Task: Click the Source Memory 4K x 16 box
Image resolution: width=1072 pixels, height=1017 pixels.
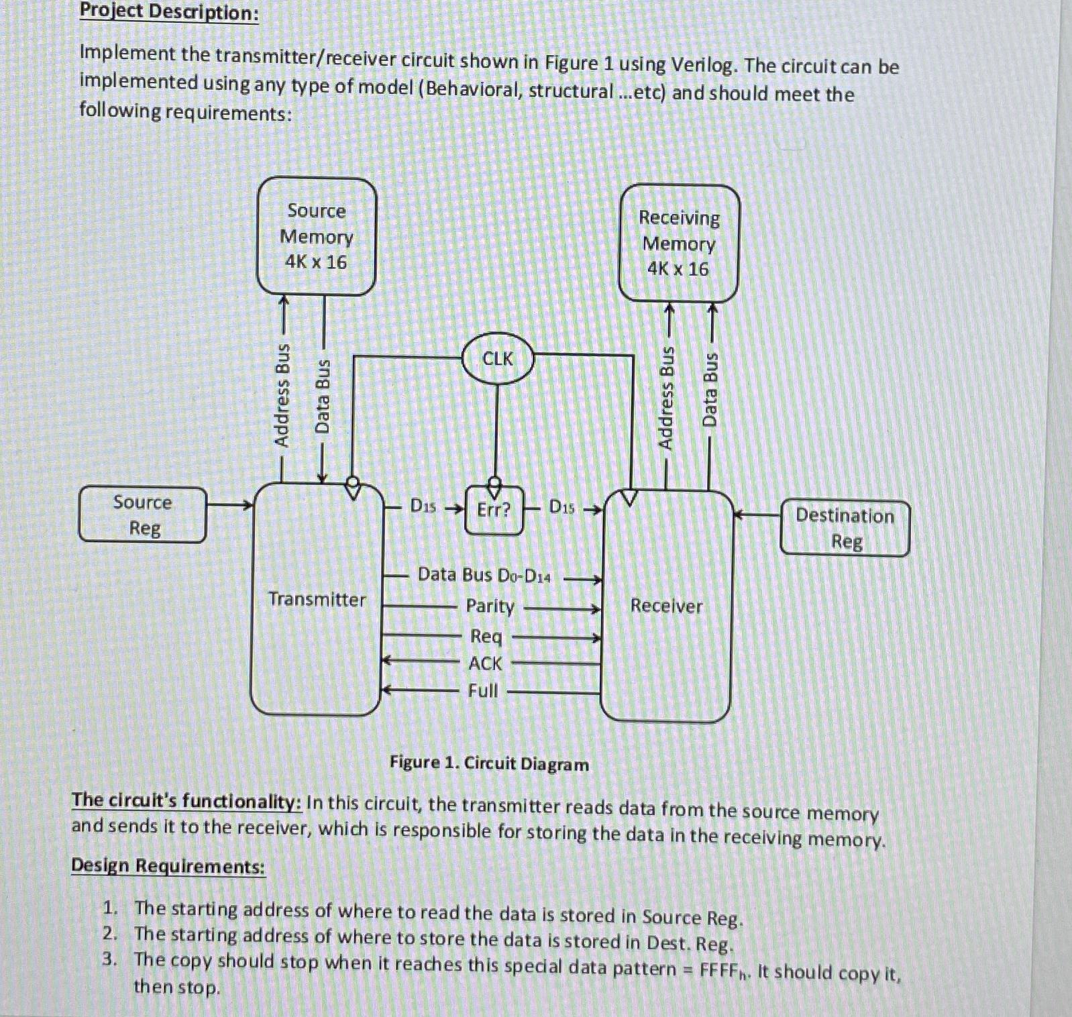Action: tap(317, 236)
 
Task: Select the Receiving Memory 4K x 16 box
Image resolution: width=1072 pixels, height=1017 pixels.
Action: tap(679, 244)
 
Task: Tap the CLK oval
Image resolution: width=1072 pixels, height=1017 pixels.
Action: tap(498, 359)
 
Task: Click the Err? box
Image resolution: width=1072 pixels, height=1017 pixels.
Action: tap(494, 510)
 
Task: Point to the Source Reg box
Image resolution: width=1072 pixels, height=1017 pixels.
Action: tap(142, 515)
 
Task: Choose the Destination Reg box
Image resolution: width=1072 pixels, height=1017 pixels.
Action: tap(845, 529)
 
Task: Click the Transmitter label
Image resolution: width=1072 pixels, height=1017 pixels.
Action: tap(317, 599)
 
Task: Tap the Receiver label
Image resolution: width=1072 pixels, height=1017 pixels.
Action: tap(666, 606)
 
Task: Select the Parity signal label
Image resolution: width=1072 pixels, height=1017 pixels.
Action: tap(490, 606)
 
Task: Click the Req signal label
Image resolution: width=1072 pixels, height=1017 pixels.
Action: tap(486, 636)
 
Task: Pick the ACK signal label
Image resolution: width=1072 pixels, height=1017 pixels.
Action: tap(485, 663)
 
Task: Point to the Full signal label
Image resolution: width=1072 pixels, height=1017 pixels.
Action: tap(483, 690)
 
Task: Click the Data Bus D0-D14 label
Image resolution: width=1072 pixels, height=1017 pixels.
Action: tap(484, 575)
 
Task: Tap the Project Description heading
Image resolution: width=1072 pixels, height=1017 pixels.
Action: tap(169, 11)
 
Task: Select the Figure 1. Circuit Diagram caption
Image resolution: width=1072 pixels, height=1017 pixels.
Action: tap(489, 763)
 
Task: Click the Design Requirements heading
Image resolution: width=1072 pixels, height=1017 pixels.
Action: tap(168, 866)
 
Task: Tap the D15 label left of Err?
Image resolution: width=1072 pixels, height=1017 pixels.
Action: tap(423, 506)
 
